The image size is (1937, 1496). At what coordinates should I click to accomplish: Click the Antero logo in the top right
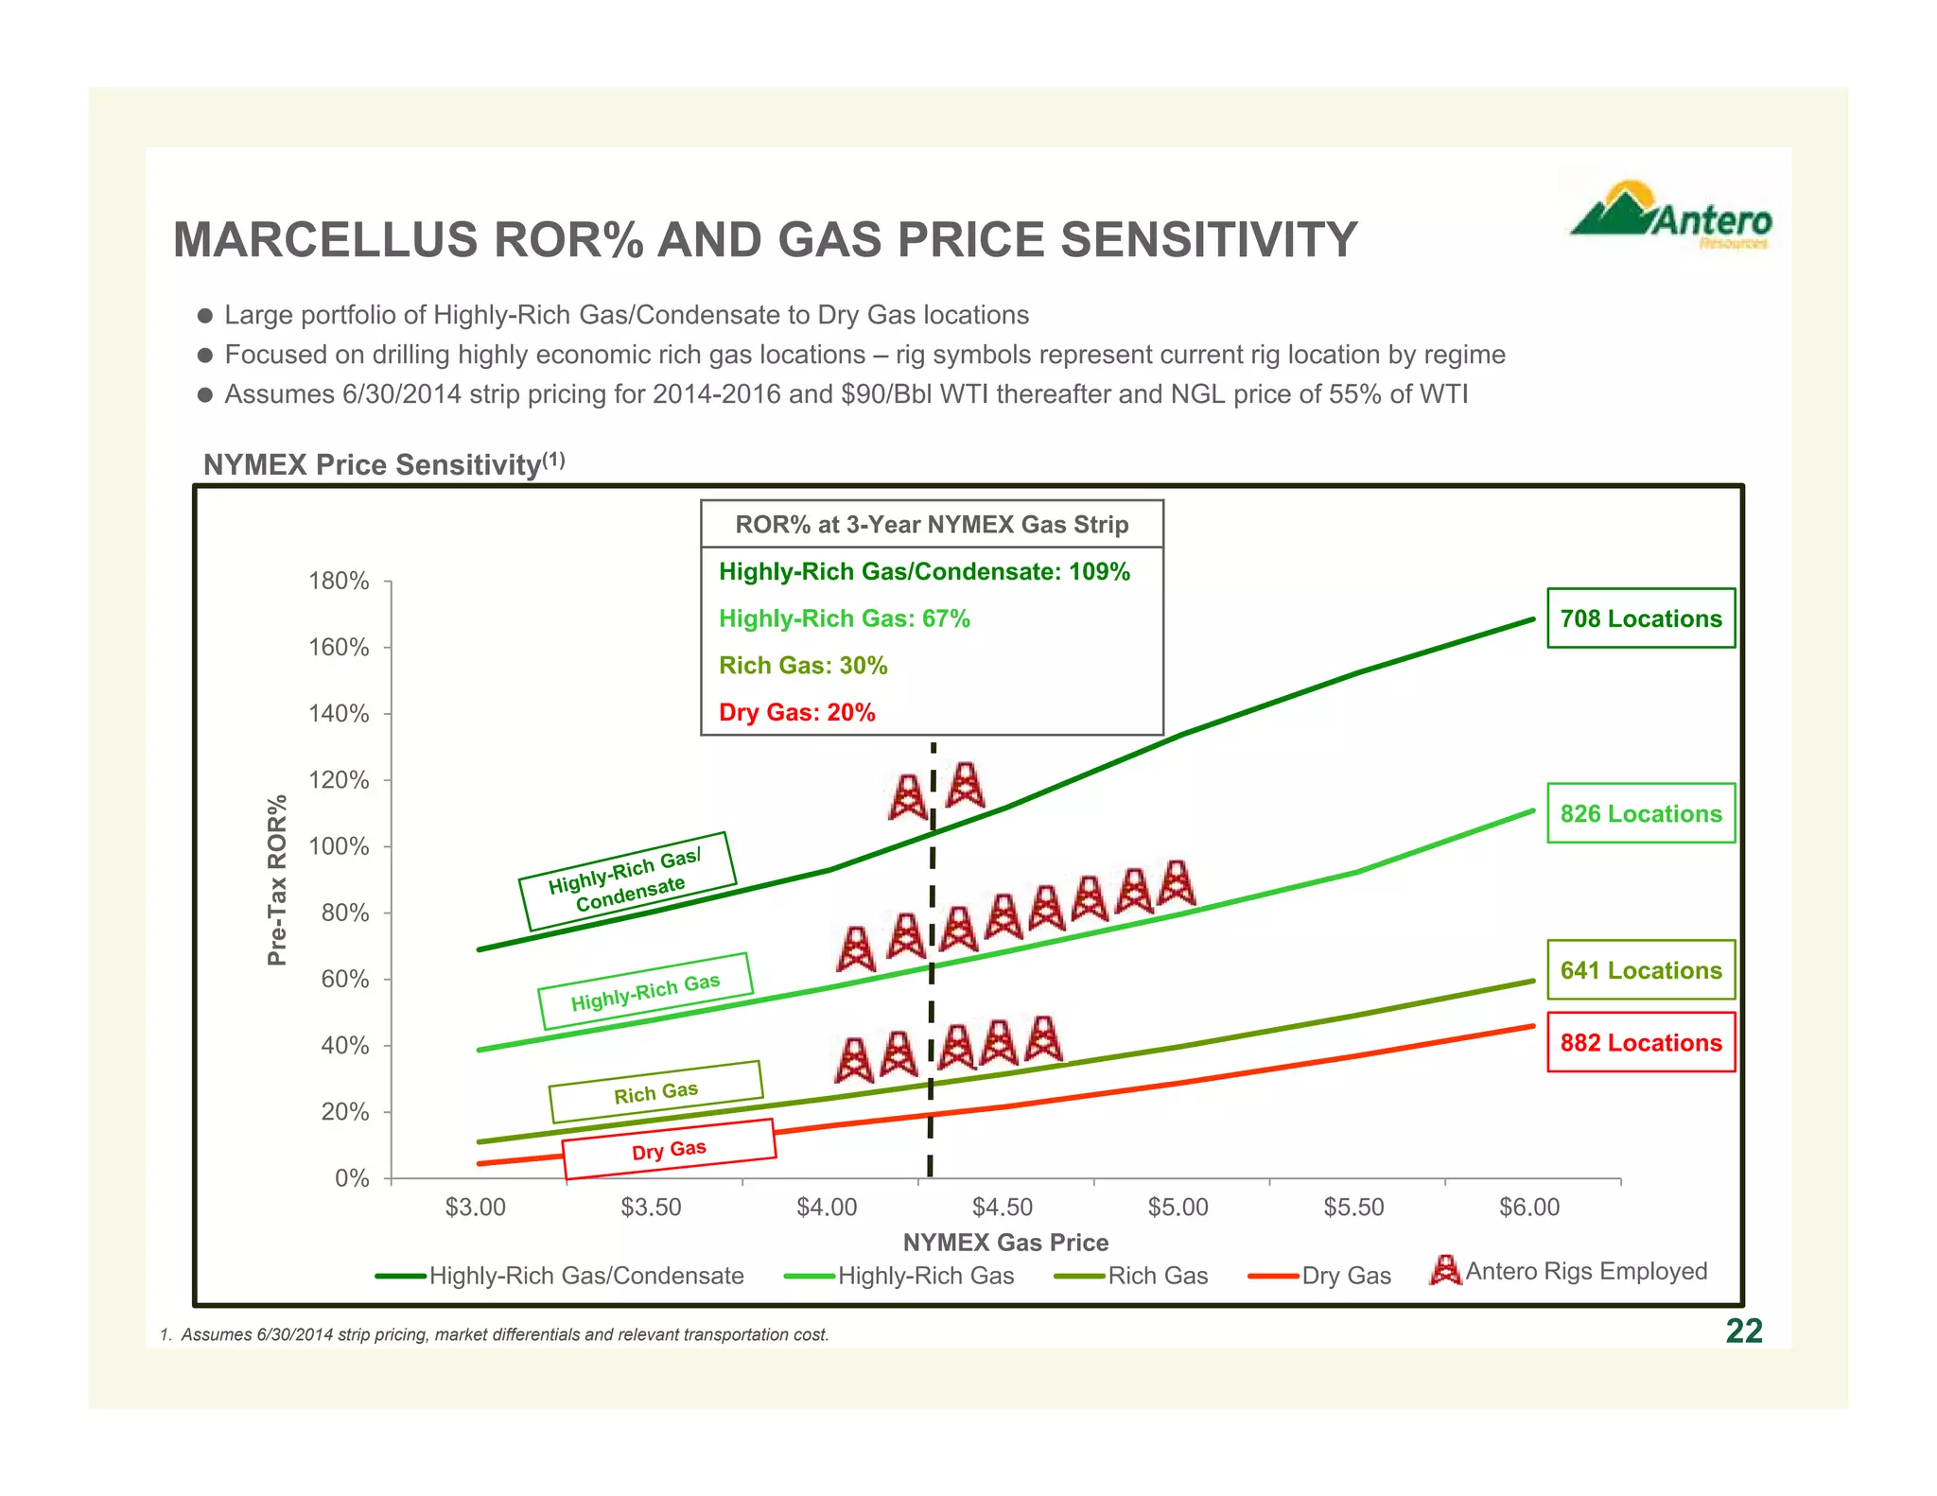tap(1671, 216)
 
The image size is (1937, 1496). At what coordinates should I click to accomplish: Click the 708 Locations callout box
tap(1640, 618)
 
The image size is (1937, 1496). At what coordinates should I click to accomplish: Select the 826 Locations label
tap(1640, 813)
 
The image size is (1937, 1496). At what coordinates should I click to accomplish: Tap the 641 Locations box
tap(1640, 970)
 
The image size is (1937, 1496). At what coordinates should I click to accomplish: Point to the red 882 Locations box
tap(1640, 1042)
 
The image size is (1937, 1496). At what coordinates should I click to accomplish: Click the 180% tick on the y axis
tap(339, 581)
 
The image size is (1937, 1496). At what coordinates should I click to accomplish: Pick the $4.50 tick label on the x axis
tap(1003, 1208)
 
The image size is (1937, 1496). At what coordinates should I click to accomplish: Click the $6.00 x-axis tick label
tap(1528, 1208)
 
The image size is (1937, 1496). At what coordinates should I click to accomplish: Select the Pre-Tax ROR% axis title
tap(276, 880)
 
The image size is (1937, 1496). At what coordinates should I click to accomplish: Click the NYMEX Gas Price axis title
tap(1005, 1243)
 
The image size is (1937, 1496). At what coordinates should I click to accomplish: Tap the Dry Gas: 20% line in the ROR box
tap(796, 712)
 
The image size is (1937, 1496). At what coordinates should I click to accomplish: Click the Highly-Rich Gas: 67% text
tap(844, 618)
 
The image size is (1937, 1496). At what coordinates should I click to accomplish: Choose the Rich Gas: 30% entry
tap(803, 666)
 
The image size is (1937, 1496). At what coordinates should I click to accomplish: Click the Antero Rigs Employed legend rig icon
tap(1444, 1270)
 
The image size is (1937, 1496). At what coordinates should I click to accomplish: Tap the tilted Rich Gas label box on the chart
tap(655, 1092)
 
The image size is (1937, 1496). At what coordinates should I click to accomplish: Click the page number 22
tap(1743, 1331)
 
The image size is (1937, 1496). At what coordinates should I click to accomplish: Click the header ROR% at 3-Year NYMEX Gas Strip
tap(932, 525)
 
